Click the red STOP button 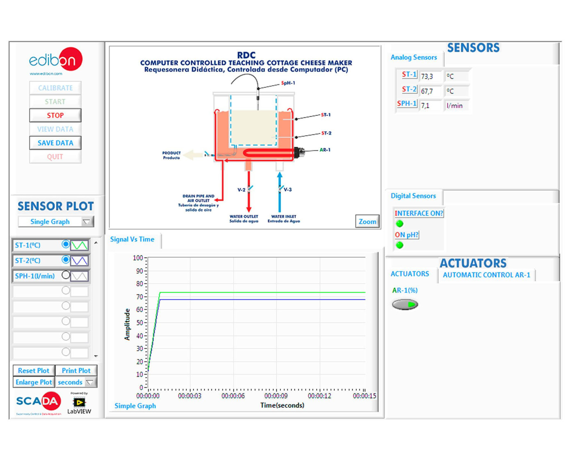point(55,116)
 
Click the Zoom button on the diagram point(367,222)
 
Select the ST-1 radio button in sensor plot point(66,245)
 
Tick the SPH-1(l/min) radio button point(66,275)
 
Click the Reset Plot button point(34,370)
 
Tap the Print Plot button point(76,370)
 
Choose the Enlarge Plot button point(34,382)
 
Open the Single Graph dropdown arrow point(86,222)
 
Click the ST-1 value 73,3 point(427,76)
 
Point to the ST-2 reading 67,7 point(427,91)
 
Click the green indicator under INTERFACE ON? point(400,224)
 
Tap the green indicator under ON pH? point(400,245)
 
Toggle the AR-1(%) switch point(405,304)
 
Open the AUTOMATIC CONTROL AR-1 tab point(486,275)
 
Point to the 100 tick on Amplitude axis point(138,258)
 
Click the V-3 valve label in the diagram point(288,190)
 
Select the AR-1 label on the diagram point(325,150)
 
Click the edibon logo point(55,60)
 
